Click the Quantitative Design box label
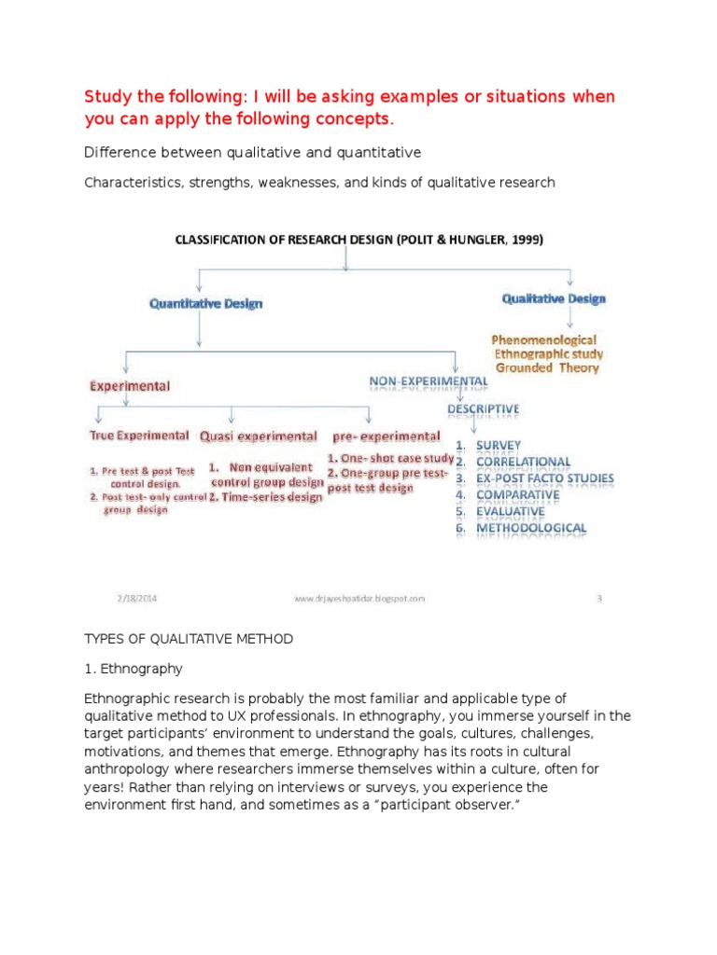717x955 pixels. [206, 303]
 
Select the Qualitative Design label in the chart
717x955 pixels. [554, 298]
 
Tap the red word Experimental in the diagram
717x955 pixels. [130, 384]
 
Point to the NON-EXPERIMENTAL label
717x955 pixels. [429, 381]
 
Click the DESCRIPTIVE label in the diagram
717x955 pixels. [483, 409]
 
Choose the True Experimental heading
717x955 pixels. [139, 436]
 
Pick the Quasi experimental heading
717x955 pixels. [257, 436]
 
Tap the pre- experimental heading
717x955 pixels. [387, 436]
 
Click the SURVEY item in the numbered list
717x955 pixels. [499, 445]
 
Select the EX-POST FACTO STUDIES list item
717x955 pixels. [545, 478]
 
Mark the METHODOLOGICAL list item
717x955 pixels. [531, 528]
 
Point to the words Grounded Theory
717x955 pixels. [548, 367]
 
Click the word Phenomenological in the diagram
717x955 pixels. [544, 340]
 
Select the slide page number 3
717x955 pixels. [599, 599]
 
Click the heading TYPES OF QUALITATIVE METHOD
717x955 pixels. [189, 639]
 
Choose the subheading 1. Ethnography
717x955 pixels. [134, 669]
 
